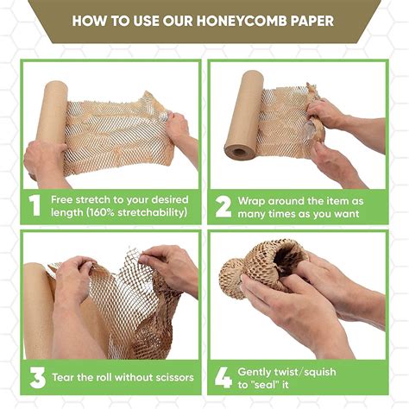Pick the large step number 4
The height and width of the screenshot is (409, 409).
coord(223,377)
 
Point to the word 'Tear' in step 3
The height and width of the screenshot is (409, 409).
coord(66,377)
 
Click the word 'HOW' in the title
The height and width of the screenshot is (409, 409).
coord(89,20)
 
